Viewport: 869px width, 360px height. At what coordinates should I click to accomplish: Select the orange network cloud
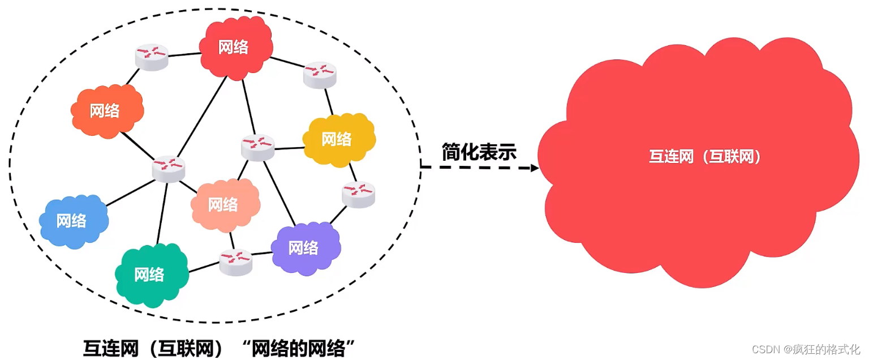pyautogui.click(x=106, y=112)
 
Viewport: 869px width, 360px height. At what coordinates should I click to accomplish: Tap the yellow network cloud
pyautogui.click(x=338, y=139)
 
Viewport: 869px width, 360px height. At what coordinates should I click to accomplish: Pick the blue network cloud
pyautogui.click(x=73, y=221)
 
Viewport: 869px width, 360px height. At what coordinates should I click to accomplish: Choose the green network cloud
pyautogui.click(x=150, y=275)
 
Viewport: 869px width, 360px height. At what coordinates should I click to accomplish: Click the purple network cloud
pyautogui.click(x=305, y=248)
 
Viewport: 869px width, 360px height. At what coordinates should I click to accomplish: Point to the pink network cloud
pyautogui.click(x=225, y=205)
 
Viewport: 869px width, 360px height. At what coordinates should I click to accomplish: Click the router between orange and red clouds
pyautogui.click(x=152, y=57)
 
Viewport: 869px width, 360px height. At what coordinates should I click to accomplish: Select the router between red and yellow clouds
pyautogui.click(x=320, y=74)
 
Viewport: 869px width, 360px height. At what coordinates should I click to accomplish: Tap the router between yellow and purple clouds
pyautogui.click(x=358, y=194)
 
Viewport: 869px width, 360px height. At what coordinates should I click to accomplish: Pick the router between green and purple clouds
pyautogui.click(x=236, y=262)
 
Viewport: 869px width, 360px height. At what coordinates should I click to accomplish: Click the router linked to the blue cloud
pyautogui.click(x=169, y=169)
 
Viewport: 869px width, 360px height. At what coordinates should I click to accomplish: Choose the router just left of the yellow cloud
pyautogui.click(x=257, y=147)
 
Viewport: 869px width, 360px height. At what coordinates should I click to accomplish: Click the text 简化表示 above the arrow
pyautogui.click(x=479, y=152)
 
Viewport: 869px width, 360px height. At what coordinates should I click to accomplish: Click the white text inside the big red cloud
pyautogui.click(x=704, y=157)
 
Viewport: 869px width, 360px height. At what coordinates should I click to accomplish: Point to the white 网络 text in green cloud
pyautogui.click(x=149, y=275)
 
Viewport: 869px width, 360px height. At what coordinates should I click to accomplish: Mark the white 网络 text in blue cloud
pyautogui.click(x=71, y=220)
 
